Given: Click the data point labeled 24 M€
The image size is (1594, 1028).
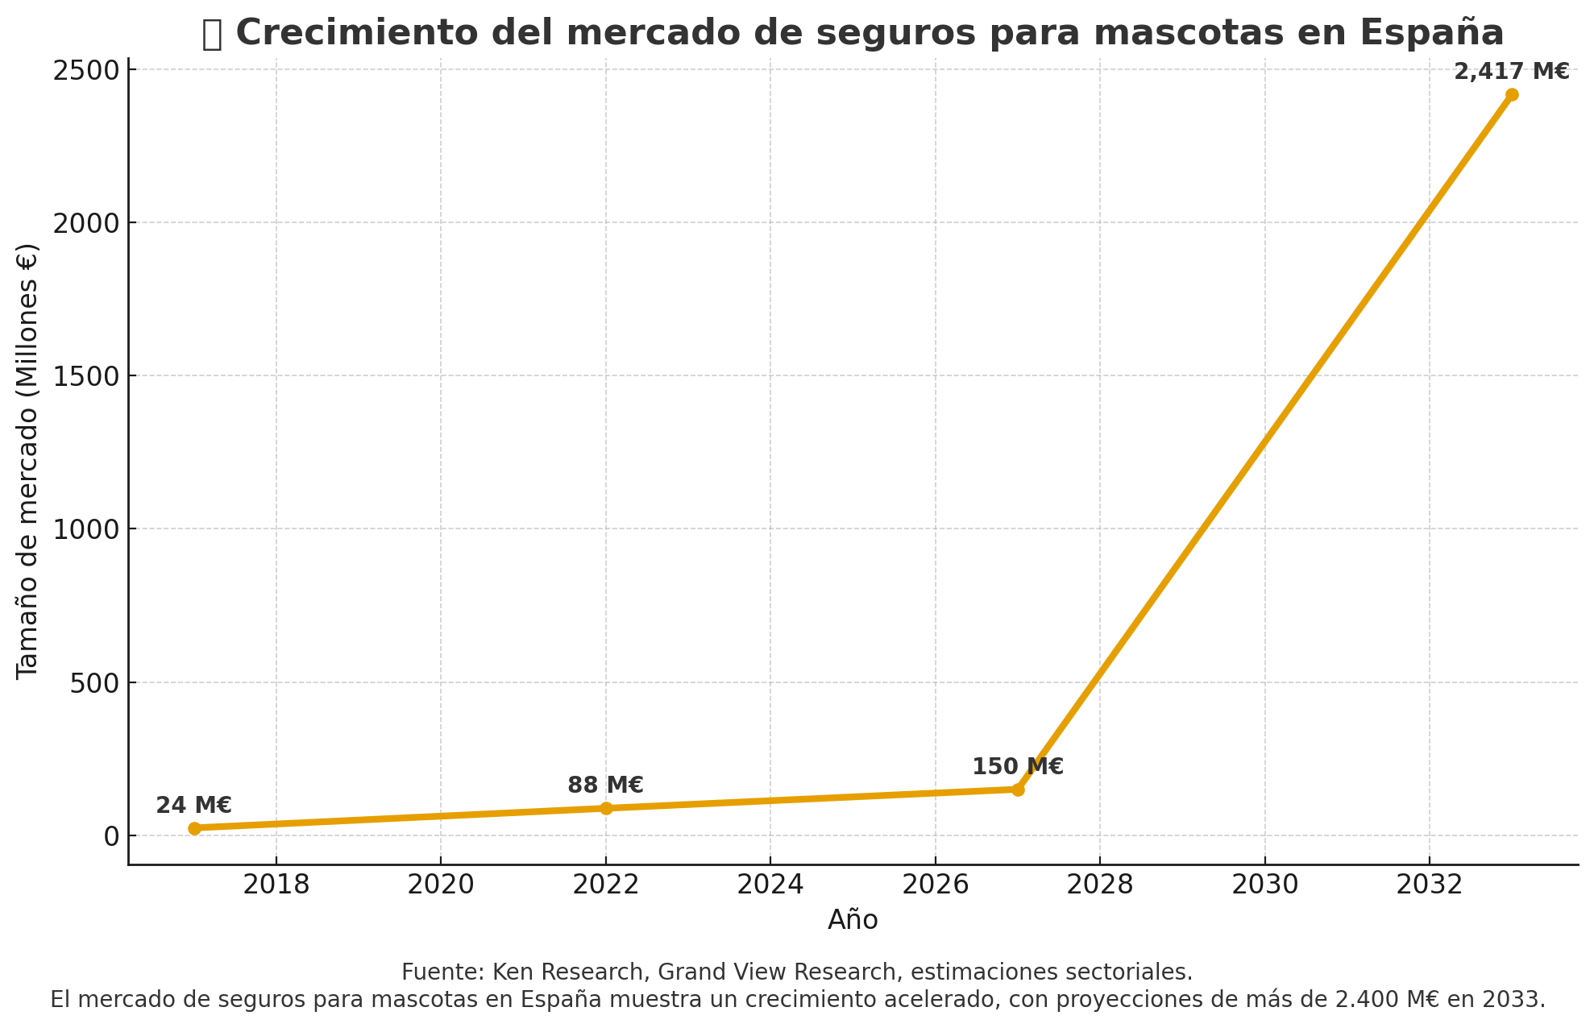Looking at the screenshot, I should [194, 828].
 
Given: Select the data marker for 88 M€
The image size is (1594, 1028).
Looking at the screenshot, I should [606, 808].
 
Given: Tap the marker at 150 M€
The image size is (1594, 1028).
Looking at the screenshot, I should [1018, 790].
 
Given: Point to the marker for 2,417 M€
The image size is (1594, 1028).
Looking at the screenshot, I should [1512, 94].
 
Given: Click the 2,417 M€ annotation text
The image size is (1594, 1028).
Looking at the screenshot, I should [1511, 72].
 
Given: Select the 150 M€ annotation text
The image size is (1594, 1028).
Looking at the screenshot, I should [1017, 767].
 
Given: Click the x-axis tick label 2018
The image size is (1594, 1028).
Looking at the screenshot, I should [276, 885].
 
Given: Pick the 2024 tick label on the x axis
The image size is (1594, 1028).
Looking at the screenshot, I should [770, 885].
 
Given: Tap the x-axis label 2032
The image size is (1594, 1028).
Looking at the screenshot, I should [1429, 885].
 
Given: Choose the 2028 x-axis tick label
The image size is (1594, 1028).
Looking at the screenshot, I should [1100, 885].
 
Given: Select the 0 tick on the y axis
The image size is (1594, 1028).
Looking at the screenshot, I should [111, 836].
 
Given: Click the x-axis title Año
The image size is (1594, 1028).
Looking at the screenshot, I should [853, 920].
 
